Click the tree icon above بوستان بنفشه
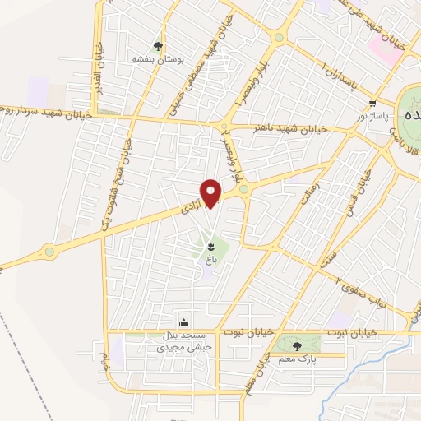(x=157, y=46)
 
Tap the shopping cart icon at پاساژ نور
(x=373, y=104)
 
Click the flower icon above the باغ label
(x=212, y=246)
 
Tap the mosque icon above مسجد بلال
(x=184, y=322)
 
